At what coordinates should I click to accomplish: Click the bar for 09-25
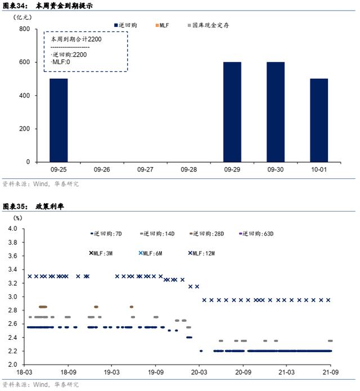(x=58, y=120)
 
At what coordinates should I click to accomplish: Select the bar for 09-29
(x=232, y=112)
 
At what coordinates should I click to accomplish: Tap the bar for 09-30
(x=276, y=112)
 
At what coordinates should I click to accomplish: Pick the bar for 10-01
(x=319, y=120)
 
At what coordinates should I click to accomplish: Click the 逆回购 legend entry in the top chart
(x=125, y=25)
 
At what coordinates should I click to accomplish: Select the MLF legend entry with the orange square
(x=163, y=25)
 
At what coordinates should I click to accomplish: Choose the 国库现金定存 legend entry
(x=209, y=25)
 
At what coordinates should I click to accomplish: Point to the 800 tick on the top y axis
(x=24, y=29)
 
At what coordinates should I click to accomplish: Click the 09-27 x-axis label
(x=145, y=169)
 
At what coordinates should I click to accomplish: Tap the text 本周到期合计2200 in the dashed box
(x=76, y=39)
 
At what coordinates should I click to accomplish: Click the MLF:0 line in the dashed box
(x=61, y=62)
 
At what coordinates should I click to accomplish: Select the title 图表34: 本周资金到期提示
(x=48, y=6)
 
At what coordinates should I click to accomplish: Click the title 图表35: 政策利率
(x=33, y=206)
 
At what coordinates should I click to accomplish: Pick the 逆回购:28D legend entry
(x=207, y=233)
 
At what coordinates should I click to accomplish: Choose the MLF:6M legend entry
(x=150, y=253)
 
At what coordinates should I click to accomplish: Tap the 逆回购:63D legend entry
(x=256, y=233)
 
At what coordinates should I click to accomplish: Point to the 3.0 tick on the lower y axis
(x=13, y=296)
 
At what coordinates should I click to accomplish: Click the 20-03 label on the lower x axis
(x=199, y=372)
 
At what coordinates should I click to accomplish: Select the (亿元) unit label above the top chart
(x=22, y=17)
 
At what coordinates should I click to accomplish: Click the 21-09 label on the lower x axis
(x=331, y=372)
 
